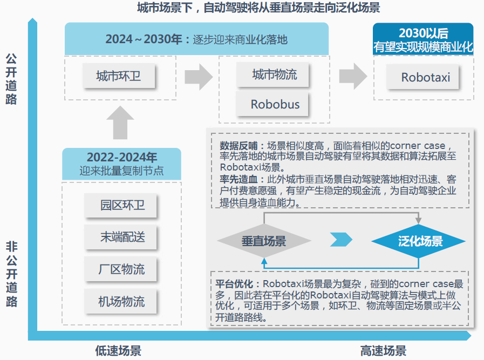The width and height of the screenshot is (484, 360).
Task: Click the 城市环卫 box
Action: point(119,76)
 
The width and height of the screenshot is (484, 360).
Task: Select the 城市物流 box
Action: point(274,74)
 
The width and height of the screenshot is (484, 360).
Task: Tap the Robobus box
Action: point(274,104)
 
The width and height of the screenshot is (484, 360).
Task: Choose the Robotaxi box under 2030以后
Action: point(425,77)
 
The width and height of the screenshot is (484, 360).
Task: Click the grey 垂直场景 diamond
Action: point(263,241)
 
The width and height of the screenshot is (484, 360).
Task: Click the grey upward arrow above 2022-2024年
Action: point(120,123)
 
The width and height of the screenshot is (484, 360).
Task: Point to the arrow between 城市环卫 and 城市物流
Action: point(199,76)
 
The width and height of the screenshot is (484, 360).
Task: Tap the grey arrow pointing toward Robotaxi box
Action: point(353,76)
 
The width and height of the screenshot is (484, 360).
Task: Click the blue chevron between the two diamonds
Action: point(341,240)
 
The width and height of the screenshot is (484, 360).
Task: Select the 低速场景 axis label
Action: point(119,351)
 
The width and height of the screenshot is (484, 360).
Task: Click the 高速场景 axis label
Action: point(383,351)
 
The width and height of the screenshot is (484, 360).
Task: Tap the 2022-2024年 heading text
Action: point(122,158)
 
